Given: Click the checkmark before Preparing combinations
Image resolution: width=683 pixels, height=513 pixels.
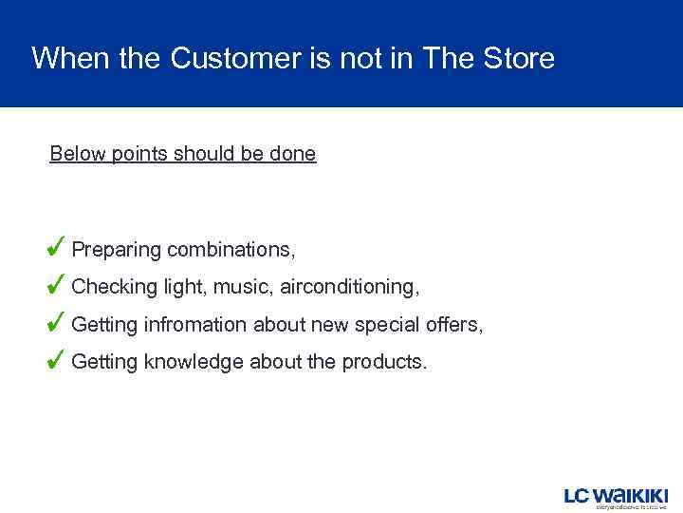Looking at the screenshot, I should point(56,247).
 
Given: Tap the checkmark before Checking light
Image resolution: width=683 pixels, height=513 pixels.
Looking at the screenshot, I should point(56,284).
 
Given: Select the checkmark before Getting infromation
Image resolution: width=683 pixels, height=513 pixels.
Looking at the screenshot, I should point(56,322).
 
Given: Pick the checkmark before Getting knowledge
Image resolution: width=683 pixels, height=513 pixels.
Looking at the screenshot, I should point(56,360).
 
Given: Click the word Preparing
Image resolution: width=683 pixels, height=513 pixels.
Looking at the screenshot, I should point(117,251).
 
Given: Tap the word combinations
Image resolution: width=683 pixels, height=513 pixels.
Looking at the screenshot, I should point(231,250).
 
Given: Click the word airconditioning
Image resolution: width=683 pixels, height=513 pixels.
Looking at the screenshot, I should point(348,287).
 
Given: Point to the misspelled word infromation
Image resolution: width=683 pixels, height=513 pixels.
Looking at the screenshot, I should point(197,325).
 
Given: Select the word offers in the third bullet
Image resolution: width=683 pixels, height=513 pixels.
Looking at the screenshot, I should point(454,325).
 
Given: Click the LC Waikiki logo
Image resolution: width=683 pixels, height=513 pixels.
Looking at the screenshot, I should point(617,497).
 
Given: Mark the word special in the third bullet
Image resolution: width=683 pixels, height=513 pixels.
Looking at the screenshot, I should point(388,325).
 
